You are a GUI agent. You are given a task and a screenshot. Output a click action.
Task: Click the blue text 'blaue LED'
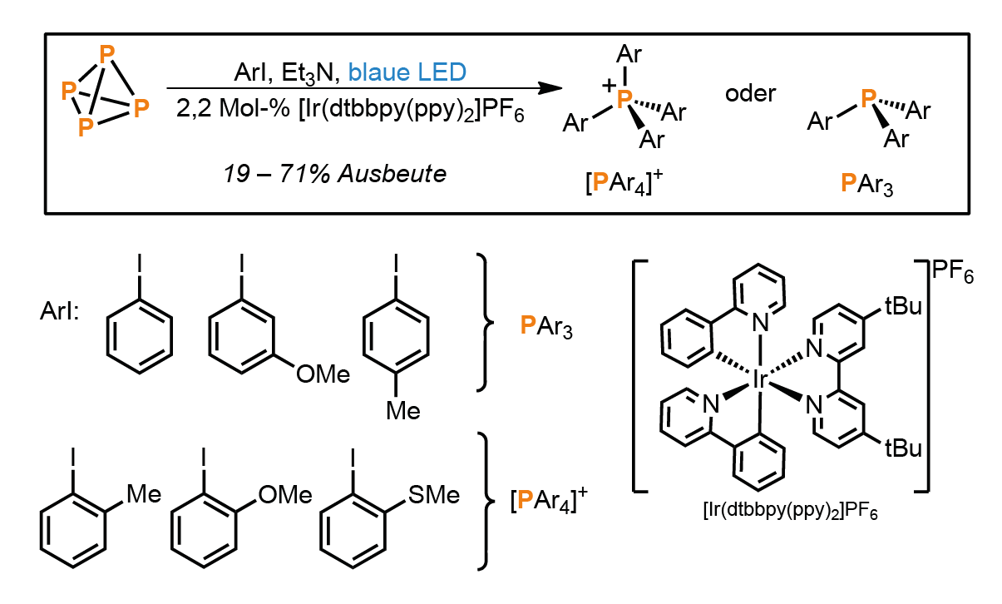tap(407, 72)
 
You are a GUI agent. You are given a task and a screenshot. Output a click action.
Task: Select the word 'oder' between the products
tap(750, 94)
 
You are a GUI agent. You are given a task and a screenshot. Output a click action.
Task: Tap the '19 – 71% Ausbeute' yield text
tap(335, 174)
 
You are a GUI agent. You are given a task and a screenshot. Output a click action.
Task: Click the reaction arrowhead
tap(550, 88)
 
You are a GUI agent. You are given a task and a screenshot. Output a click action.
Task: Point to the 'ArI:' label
tap(60, 310)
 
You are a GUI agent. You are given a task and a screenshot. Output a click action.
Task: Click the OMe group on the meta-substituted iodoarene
tap(323, 374)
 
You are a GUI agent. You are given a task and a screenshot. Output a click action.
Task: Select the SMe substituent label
tap(434, 495)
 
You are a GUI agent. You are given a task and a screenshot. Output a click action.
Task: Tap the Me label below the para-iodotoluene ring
tap(403, 411)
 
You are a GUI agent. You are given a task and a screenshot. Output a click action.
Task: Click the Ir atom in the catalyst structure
tap(760, 379)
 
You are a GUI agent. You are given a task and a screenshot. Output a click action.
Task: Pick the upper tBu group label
tap(903, 306)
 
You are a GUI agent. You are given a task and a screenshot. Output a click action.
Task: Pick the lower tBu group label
tap(903, 448)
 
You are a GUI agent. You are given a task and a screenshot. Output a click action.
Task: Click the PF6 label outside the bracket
tap(953, 272)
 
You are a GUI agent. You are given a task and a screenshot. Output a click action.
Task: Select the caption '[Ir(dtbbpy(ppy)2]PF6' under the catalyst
tap(791, 510)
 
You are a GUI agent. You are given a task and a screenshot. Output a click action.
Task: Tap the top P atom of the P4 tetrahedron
tap(107, 55)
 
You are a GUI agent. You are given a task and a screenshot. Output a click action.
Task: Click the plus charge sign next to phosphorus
tap(609, 85)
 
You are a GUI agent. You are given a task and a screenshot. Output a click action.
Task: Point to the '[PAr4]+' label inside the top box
tap(624, 182)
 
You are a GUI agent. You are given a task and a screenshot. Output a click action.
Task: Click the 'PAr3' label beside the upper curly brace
tap(546, 326)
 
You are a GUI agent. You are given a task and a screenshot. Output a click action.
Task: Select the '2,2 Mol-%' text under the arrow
tap(233, 108)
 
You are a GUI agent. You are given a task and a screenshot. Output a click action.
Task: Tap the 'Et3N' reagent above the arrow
tap(308, 73)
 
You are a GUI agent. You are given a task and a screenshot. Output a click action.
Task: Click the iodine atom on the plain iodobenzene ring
tap(140, 263)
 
